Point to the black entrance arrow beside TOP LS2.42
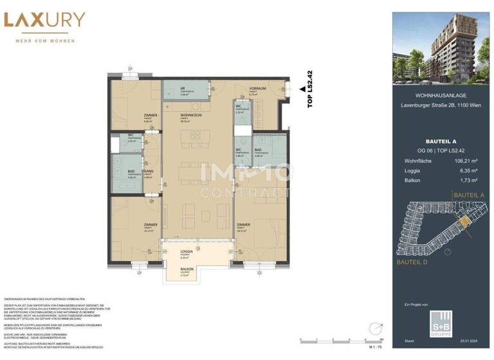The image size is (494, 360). [x=301, y=89]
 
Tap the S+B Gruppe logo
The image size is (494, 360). [x=441, y=319]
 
